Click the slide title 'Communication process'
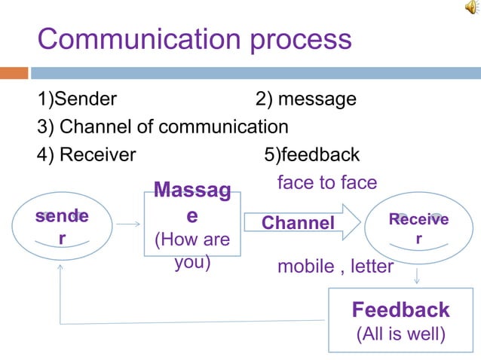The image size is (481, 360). point(195,39)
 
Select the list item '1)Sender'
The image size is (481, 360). point(77,99)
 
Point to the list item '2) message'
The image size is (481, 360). point(305,99)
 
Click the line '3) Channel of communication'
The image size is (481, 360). point(163,127)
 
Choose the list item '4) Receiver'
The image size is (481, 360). point(87,154)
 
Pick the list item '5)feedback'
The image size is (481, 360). point(311,154)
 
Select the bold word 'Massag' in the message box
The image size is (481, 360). point(192,191)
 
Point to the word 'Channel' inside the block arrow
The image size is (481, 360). point(297,223)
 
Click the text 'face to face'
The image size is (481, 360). point(327,182)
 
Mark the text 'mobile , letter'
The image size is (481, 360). point(335,267)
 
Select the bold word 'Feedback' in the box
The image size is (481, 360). point(400,310)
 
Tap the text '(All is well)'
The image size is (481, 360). point(400,333)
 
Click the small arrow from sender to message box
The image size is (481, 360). point(129,224)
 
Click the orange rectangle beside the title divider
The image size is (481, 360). point(14,73)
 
